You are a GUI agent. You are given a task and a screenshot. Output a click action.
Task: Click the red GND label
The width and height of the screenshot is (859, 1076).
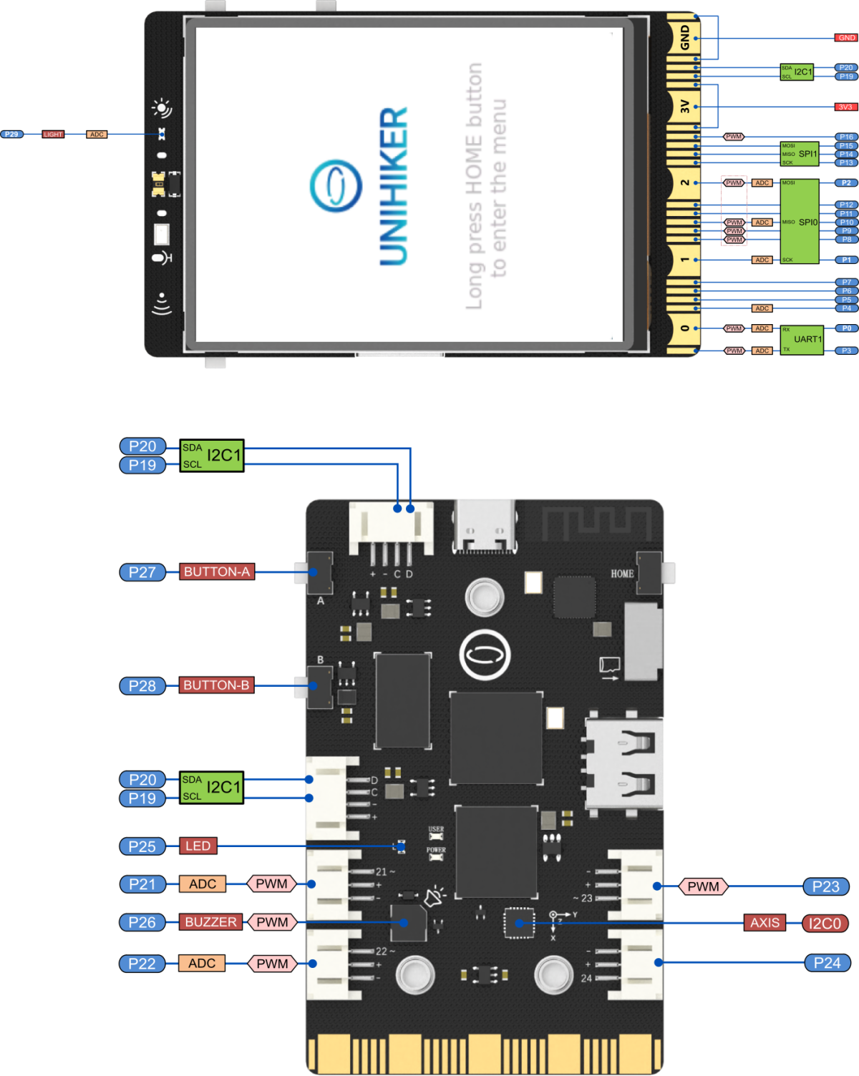coord(846,38)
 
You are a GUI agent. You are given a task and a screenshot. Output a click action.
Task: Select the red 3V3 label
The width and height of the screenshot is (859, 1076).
coord(845,107)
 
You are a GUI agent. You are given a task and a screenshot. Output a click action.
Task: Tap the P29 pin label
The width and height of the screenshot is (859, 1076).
coord(12,134)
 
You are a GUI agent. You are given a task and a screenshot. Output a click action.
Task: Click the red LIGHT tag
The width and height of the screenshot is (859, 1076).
coord(53,134)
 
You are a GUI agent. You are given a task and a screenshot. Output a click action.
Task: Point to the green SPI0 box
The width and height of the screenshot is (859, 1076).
coord(800,222)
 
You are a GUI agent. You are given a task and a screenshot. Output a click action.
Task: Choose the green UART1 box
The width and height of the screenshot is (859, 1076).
coord(802,340)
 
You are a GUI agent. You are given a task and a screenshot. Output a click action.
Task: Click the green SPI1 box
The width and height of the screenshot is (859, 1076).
coord(800,154)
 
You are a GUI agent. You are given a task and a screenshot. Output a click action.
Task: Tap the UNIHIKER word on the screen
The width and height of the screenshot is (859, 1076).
coord(394,186)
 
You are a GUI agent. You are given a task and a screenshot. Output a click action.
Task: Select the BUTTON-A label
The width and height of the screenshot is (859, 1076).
coord(217,572)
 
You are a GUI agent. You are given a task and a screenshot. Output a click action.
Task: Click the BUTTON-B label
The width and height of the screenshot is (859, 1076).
coord(216,685)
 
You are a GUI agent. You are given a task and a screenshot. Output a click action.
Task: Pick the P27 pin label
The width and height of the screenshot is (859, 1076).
coord(142,572)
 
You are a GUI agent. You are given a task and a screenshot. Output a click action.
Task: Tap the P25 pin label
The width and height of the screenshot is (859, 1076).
coord(142,847)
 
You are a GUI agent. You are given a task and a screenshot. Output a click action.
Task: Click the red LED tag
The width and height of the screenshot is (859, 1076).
coord(198,846)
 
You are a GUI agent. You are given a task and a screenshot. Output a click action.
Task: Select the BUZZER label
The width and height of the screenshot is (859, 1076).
coord(210,922)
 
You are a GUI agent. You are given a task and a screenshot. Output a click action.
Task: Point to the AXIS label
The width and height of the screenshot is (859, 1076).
coord(765,923)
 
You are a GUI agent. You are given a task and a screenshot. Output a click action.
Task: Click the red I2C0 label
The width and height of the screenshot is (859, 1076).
coord(825,924)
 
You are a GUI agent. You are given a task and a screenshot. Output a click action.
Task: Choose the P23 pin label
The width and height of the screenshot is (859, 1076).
coord(825,887)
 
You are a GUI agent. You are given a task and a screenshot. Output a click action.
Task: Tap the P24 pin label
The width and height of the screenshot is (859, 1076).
coord(827,963)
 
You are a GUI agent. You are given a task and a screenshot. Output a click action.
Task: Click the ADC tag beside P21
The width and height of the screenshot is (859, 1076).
coord(203,884)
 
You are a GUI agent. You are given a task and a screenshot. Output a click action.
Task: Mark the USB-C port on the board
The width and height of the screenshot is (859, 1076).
coord(484,527)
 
